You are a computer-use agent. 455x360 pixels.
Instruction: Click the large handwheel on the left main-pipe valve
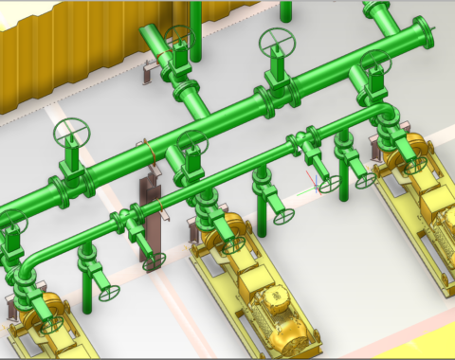[69, 132]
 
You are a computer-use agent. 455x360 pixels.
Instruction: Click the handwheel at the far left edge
[9, 222]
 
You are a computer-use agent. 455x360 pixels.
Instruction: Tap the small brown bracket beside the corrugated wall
[147, 71]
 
